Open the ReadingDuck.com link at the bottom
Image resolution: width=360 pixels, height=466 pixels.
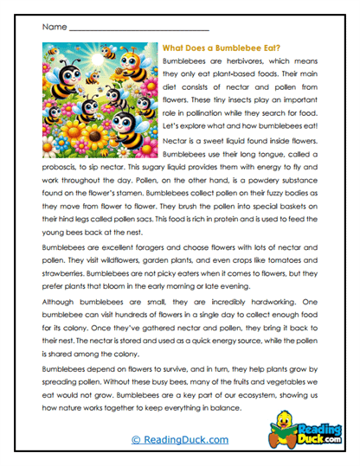[x=179, y=440]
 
